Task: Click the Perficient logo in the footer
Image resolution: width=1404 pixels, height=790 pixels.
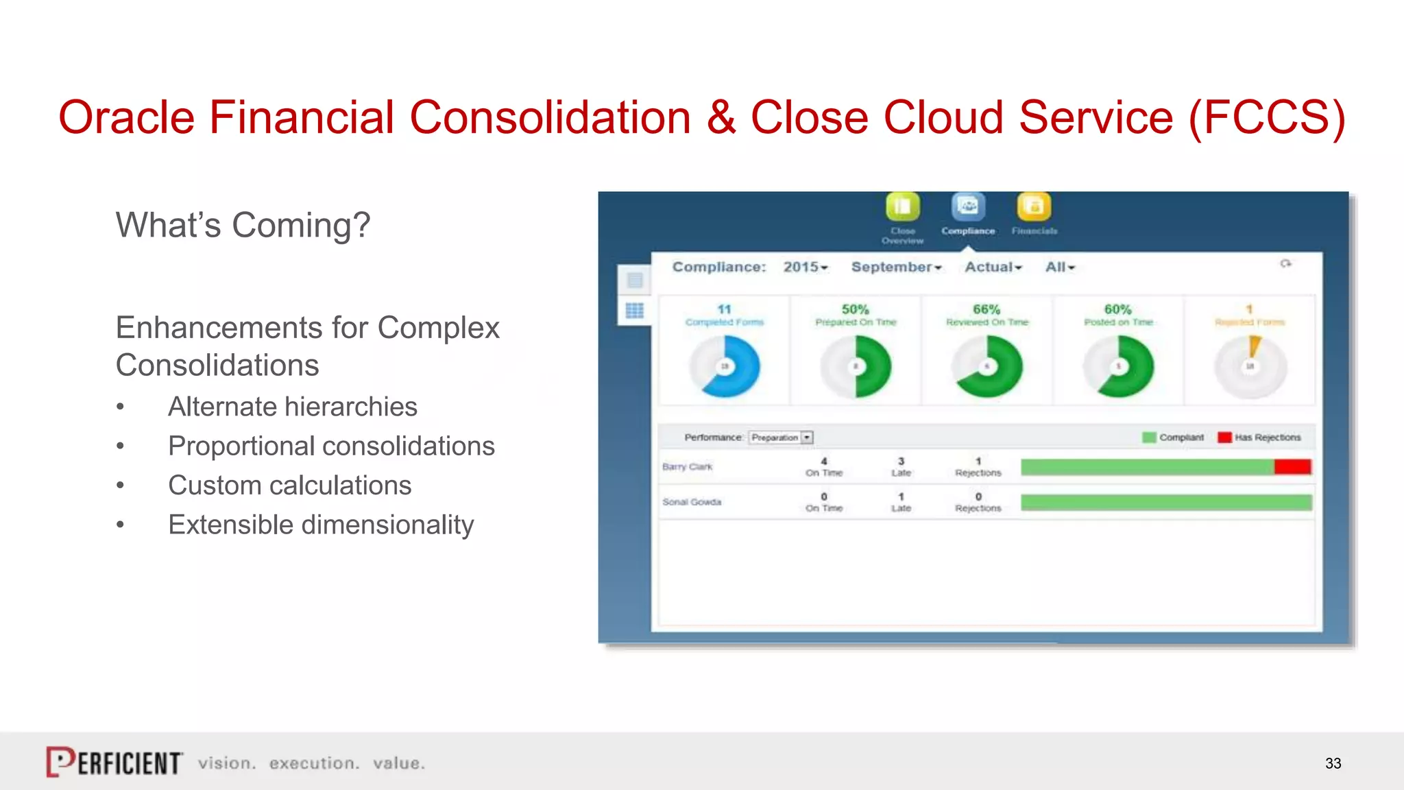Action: click(114, 762)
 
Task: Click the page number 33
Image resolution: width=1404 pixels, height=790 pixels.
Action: click(1333, 763)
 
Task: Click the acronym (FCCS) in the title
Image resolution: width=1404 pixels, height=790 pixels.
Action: click(1267, 117)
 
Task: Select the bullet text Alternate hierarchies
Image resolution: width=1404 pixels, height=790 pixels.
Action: click(292, 407)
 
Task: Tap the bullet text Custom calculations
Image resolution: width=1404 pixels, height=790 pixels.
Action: click(289, 486)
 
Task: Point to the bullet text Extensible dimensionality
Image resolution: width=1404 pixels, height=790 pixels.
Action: click(321, 525)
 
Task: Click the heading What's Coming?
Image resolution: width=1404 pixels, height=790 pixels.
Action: click(243, 225)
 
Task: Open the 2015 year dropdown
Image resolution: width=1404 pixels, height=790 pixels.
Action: click(806, 267)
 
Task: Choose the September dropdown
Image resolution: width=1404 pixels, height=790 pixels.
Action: click(896, 267)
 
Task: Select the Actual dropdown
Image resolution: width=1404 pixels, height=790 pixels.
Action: click(993, 267)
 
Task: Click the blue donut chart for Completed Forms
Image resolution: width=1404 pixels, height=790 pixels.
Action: click(725, 366)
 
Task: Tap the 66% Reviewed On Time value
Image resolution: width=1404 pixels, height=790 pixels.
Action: click(987, 309)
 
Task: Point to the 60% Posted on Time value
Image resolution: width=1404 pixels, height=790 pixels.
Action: click(1117, 309)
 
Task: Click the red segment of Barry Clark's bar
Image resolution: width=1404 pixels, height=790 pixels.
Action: click(1292, 467)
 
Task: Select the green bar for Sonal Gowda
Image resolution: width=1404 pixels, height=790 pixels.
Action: click(1165, 502)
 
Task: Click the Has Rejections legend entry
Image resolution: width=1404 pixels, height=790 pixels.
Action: click(1259, 438)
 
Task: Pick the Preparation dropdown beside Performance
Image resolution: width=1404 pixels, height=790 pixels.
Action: click(782, 438)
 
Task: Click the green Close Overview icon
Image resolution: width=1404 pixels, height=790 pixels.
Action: click(902, 206)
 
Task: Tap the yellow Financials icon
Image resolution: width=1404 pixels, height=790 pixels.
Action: click(1034, 206)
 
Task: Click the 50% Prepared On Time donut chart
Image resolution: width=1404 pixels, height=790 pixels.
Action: click(856, 366)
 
